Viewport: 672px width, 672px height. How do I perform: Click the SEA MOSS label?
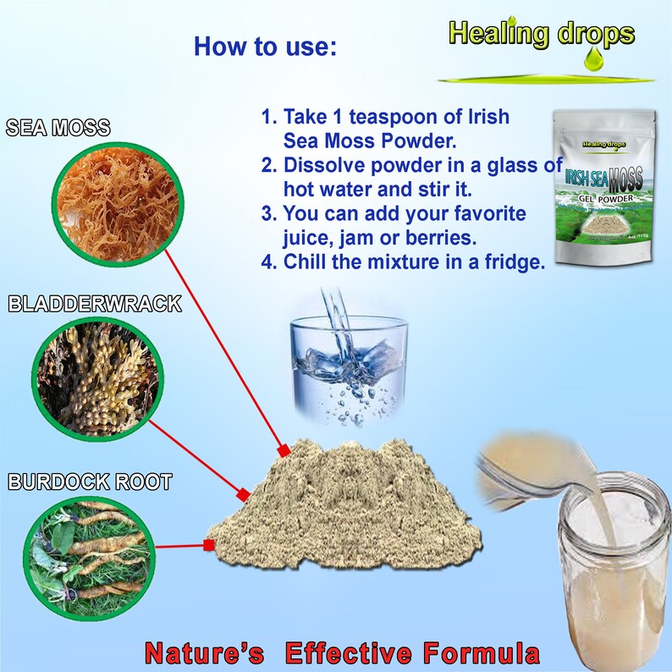point(58,129)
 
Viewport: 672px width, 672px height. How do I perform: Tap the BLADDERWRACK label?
point(95,304)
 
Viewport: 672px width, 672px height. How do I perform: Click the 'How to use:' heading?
point(265,46)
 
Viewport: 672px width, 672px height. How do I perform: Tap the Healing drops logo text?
point(542,33)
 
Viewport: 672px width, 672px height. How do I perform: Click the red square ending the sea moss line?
point(284,449)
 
